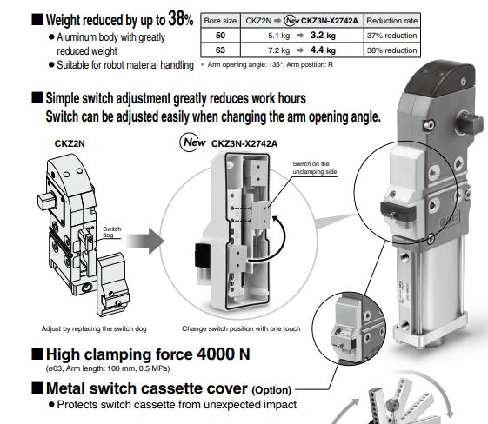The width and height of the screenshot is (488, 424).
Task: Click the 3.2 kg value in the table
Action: (323, 36)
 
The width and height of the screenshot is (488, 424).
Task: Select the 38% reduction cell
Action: (391, 50)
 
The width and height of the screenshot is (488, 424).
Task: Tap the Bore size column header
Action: (220, 21)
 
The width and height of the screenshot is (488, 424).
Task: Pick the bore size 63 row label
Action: (220, 50)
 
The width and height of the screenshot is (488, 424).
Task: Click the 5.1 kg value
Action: (279, 36)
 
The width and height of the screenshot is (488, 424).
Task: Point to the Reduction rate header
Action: (391, 21)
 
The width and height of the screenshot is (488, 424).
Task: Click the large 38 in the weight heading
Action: (177, 18)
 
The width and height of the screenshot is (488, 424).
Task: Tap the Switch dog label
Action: (111, 232)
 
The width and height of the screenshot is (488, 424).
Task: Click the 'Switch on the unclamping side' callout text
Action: (315, 168)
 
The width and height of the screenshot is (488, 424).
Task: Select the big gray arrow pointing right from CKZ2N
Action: (145, 242)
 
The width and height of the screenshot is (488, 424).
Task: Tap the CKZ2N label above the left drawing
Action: (70, 143)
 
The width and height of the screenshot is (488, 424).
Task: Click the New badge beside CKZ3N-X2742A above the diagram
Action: (193, 142)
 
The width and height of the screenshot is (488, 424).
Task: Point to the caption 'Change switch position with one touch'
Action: (241, 328)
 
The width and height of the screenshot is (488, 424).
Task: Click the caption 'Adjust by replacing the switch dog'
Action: (94, 328)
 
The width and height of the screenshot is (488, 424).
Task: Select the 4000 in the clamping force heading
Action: (216, 354)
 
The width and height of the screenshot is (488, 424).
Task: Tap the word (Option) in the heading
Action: (271, 390)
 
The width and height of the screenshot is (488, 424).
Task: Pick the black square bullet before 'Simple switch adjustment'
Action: (37, 98)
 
